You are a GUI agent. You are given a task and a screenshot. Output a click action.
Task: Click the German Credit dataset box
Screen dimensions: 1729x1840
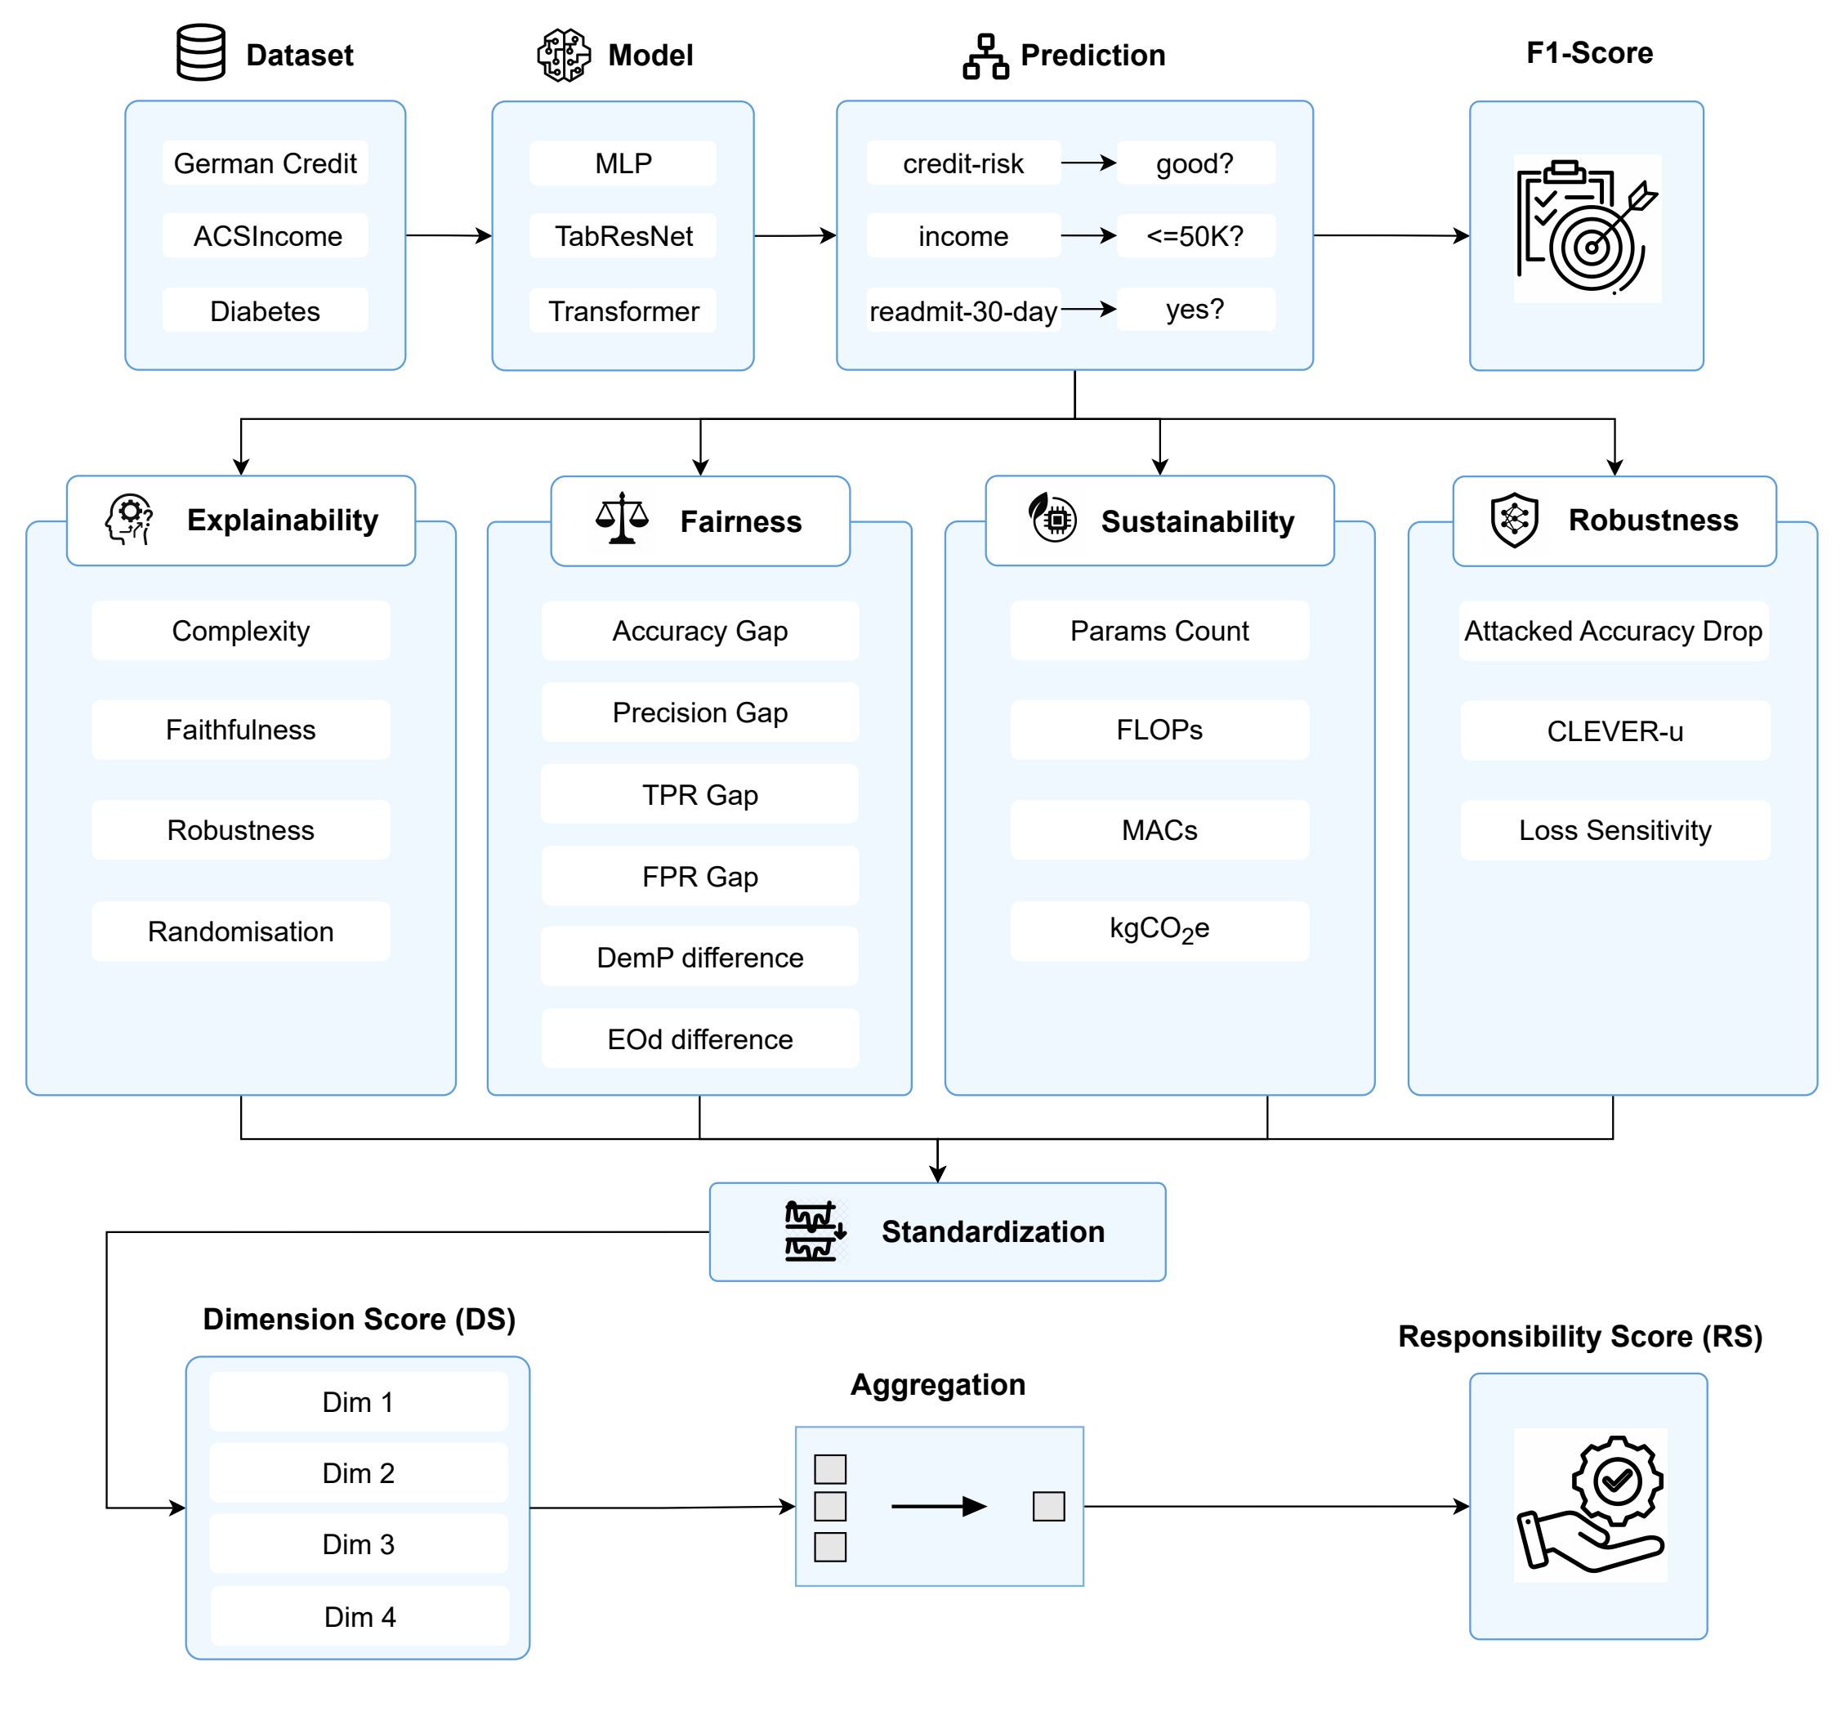pos(265,163)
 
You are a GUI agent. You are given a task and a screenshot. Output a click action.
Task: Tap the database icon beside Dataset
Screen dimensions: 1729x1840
pos(201,53)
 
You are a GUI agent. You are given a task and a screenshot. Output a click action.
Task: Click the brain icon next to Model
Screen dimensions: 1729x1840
pos(564,55)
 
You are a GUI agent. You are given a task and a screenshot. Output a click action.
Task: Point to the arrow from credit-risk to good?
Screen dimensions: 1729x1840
pos(1088,163)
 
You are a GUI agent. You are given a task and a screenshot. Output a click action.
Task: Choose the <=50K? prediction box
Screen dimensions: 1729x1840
pos(1195,236)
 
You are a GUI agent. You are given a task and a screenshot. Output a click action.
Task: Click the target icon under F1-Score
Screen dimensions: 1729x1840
pos(1588,229)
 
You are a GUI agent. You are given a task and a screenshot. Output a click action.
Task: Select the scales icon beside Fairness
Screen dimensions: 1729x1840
pos(622,518)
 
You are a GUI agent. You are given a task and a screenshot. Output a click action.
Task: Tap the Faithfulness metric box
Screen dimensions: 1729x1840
pos(241,730)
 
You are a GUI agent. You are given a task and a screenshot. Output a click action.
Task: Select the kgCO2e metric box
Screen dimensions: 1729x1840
pos(1159,929)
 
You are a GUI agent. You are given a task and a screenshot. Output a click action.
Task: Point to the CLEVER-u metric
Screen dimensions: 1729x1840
pos(1614,731)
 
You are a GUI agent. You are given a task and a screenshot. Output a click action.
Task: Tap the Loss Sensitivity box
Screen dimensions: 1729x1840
pos(1614,830)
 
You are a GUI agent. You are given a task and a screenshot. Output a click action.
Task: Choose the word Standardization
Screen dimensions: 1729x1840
pos(992,1231)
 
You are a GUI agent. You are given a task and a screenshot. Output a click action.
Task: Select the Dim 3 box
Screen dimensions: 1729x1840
pos(358,1544)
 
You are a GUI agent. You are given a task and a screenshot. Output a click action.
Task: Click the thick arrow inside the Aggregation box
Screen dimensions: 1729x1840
pos(938,1506)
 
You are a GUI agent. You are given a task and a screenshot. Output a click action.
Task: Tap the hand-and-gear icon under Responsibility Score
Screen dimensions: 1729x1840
pos(1590,1504)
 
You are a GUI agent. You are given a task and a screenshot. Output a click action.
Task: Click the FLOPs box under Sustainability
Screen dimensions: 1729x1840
pos(1159,730)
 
